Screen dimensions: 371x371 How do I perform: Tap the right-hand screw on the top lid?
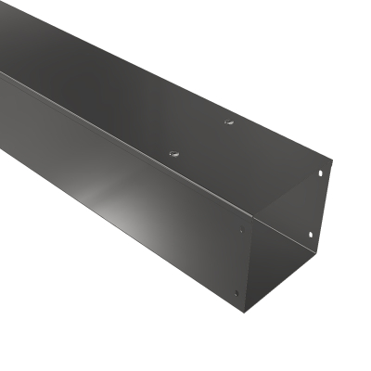(x=228, y=121)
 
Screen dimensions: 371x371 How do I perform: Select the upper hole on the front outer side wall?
(x=242, y=231)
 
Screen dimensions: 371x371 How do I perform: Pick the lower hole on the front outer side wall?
(x=236, y=294)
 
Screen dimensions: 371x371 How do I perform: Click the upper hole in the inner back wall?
(x=322, y=173)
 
